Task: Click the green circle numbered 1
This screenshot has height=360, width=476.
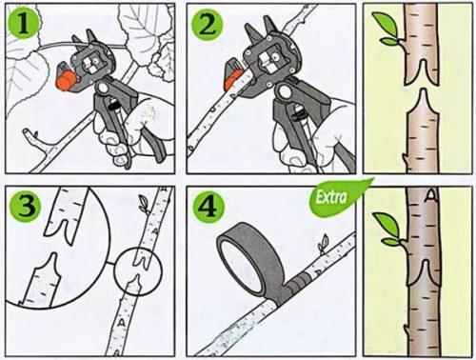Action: [23, 24]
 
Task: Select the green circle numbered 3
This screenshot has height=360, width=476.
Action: [26, 207]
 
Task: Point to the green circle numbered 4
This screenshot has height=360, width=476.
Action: [208, 207]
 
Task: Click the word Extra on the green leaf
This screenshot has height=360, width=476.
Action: [331, 197]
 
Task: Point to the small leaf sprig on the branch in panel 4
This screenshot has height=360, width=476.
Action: [324, 244]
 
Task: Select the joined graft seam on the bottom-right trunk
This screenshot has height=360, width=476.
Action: [422, 270]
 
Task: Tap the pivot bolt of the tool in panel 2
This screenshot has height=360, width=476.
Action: [285, 91]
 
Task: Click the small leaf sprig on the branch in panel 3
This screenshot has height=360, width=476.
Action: [144, 204]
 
